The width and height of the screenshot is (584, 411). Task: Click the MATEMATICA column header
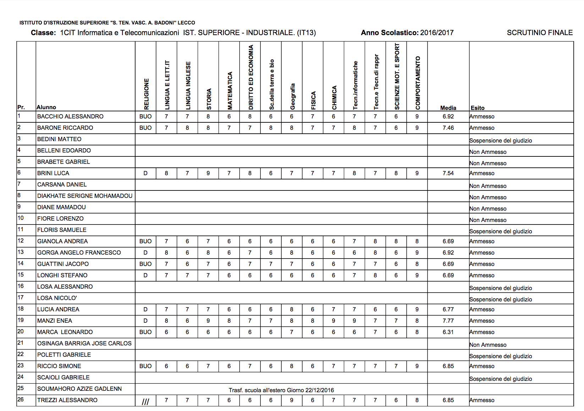(x=230, y=91)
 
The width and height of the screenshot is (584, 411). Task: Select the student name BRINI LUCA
(x=53, y=173)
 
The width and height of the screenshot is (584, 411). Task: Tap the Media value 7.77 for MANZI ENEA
(x=448, y=321)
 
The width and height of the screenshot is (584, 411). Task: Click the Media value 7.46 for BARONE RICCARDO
(x=448, y=128)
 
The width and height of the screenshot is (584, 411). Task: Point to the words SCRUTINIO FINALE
(x=539, y=33)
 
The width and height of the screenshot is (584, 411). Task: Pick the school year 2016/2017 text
(x=437, y=33)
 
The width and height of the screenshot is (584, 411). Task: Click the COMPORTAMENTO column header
(x=418, y=83)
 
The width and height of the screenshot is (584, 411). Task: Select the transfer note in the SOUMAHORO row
(x=281, y=390)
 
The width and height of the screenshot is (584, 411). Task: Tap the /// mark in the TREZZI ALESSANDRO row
(x=145, y=401)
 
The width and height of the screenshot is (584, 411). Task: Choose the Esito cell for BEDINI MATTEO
(x=500, y=140)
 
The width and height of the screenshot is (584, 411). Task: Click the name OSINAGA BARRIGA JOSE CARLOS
(x=84, y=343)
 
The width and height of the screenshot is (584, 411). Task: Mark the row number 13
(x=21, y=252)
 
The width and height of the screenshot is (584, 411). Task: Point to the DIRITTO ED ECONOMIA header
(x=251, y=77)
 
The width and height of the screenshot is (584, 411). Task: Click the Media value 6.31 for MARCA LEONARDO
(x=448, y=332)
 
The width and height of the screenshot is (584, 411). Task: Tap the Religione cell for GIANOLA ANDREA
(x=145, y=241)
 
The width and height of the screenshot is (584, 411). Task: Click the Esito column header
(x=478, y=108)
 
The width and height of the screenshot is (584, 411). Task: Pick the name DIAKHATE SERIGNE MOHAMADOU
(x=85, y=196)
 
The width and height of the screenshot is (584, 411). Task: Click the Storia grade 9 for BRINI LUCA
(x=208, y=173)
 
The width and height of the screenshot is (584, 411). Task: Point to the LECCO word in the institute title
(x=186, y=23)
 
